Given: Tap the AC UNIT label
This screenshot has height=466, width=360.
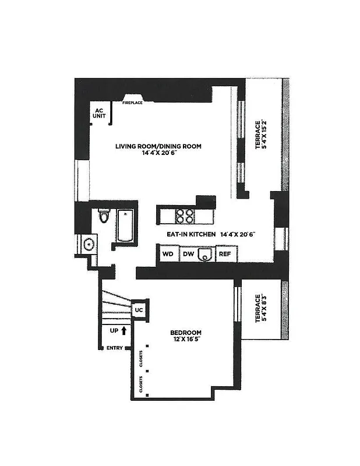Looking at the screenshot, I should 100,113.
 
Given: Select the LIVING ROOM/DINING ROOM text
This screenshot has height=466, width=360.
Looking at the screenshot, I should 158,146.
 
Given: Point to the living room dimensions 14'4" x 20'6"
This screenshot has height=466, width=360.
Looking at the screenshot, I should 158,154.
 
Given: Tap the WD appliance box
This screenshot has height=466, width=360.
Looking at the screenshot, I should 168,254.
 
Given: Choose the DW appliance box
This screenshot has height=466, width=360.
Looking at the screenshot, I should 188,254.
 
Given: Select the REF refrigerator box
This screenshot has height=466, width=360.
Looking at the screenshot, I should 225,254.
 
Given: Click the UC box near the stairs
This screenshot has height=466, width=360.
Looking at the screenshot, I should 139,309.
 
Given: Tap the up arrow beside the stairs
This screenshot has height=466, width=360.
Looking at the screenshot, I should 123,330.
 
